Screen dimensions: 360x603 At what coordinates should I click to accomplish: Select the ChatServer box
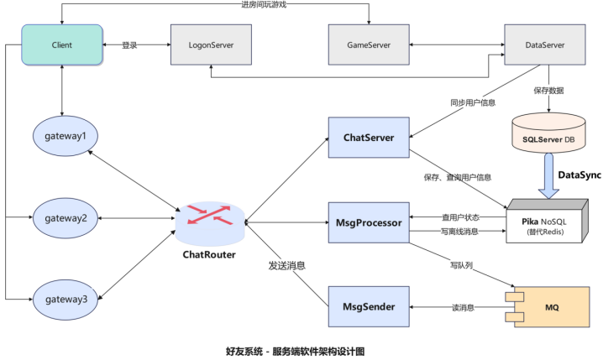(367, 137)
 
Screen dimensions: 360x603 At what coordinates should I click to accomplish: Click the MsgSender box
(367, 306)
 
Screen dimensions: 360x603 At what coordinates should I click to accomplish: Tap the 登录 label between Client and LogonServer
(129, 45)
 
